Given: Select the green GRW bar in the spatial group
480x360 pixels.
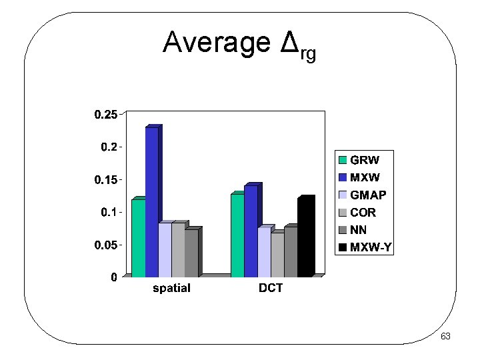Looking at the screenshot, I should point(138,238).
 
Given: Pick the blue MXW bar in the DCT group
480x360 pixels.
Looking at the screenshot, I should point(251,231).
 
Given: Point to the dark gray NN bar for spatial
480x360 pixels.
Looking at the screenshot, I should point(191,253).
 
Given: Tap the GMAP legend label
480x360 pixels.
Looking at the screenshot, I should point(368,195).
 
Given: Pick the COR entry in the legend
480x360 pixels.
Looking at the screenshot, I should point(363,213).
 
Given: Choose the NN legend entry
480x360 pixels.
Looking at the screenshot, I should point(359,231).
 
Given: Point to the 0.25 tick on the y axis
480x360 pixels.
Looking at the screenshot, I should point(105,115).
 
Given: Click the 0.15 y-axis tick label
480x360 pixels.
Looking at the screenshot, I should point(105,180).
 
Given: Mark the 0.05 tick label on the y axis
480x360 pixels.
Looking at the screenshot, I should point(105,245).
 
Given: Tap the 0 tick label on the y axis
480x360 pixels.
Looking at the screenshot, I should point(114,277).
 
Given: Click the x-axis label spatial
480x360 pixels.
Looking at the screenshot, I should point(171,289).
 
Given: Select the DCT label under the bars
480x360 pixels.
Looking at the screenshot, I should point(271,289).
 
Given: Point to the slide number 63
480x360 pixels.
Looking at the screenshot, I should point(445,337).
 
